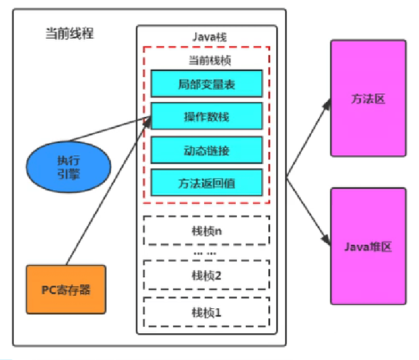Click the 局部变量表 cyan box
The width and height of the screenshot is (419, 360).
click(206, 84)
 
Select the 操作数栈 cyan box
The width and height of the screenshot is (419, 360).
click(206, 116)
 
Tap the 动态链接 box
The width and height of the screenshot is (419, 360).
click(206, 150)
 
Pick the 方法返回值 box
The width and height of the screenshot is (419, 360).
click(206, 182)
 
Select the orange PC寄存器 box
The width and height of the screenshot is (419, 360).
click(65, 289)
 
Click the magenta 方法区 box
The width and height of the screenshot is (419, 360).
click(368, 98)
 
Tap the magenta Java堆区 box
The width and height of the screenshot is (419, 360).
click(368, 246)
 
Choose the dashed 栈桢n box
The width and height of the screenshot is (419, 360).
click(206, 230)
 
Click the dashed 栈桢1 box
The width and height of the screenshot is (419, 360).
click(206, 311)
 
